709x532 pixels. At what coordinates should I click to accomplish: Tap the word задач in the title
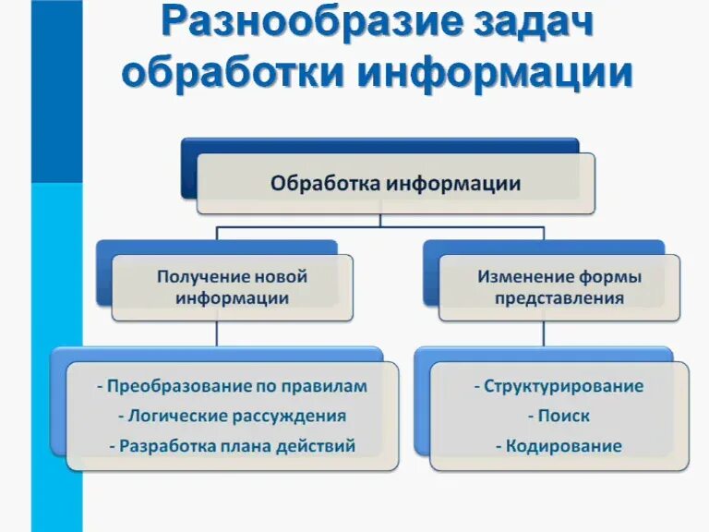click(x=521, y=25)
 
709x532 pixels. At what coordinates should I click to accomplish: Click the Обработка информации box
click(x=395, y=184)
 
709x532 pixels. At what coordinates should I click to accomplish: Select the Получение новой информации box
click(x=232, y=287)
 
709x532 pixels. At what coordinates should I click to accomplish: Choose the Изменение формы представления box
click(x=559, y=287)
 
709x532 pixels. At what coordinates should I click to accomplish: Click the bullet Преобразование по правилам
click(x=232, y=386)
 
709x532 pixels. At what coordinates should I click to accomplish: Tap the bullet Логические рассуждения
click(x=232, y=416)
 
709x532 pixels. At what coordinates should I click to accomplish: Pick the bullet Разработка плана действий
click(x=232, y=446)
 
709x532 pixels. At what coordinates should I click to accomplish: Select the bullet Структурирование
click(x=559, y=386)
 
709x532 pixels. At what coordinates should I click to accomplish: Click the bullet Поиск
click(x=559, y=416)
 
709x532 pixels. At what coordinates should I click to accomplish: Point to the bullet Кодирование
click(x=559, y=446)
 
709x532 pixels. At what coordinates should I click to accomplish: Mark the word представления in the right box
click(x=559, y=298)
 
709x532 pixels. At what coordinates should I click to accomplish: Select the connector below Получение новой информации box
click(x=217, y=334)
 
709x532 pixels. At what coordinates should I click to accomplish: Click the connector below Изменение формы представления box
click(x=545, y=334)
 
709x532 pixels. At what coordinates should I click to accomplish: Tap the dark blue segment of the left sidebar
click(x=43, y=92)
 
